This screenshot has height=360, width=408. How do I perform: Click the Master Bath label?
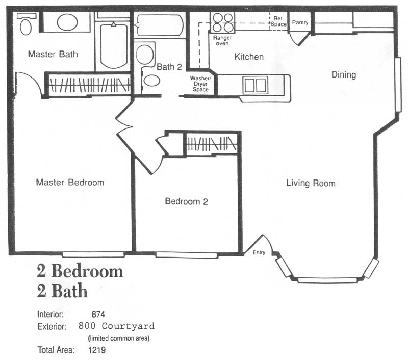tap(53, 54)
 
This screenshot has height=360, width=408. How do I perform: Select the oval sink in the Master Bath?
tap(67, 22)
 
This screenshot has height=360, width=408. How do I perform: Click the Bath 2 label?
tap(169, 67)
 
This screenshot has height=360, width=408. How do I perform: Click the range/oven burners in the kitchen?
tap(223, 22)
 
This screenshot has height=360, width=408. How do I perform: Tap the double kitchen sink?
tap(256, 85)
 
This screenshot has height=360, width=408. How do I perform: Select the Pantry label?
tap(300, 22)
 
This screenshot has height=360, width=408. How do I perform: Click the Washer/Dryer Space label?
tap(200, 84)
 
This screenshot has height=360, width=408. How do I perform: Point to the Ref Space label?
tap(278, 21)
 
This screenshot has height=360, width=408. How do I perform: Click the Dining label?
tap(344, 74)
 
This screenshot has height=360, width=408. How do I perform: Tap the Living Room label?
tap(311, 183)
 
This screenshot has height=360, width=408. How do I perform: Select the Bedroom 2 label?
tap(187, 201)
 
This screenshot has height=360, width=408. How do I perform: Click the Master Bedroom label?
tap(70, 182)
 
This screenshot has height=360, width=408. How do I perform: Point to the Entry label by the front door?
tap(259, 252)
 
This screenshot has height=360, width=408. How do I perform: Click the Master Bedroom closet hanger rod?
tap(90, 85)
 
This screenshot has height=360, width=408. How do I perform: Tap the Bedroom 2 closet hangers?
tap(212, 144)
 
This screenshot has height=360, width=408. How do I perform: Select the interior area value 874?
tap(98, 314)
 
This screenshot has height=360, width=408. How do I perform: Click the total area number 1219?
tap(97, 350)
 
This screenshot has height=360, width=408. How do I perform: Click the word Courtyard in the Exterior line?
tap(128, 326)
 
